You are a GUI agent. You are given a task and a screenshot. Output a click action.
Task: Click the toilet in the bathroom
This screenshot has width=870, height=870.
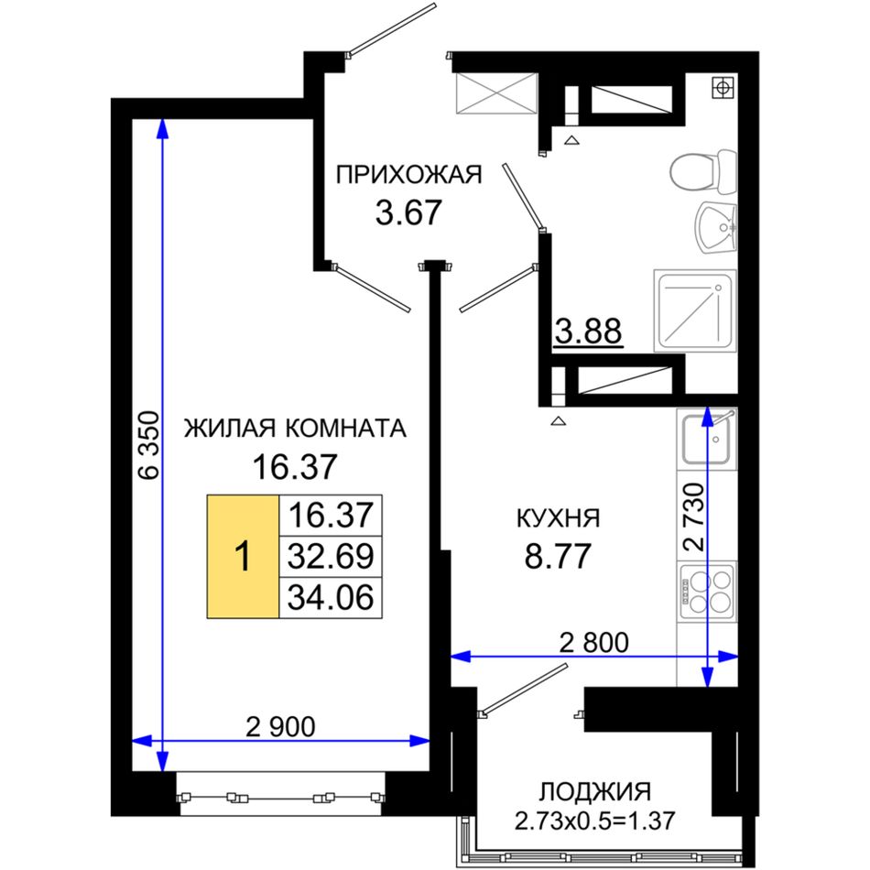tap(703, 171)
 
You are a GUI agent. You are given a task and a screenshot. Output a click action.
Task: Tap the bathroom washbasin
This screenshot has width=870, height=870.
tap(716, 227)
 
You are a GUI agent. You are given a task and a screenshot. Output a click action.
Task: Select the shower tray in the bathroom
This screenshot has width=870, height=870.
tap(695, 310)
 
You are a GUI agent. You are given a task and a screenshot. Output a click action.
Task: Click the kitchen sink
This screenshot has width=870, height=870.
tap(706, 440)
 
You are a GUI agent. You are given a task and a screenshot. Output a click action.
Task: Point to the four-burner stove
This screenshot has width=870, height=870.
tap(706, 591)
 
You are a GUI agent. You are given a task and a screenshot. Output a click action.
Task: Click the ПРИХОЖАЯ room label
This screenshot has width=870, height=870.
tap(409, 175)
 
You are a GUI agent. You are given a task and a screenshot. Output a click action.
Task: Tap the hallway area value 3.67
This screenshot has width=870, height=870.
tap(408, 212)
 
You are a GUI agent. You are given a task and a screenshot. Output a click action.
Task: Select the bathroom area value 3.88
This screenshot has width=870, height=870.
tap(589, 332)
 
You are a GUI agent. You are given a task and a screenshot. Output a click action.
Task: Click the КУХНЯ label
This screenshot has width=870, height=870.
tap(559, 518)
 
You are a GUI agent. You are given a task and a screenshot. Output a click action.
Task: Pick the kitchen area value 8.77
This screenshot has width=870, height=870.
tap(558, 556)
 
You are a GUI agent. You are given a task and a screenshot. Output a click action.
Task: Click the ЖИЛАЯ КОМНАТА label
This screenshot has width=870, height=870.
tap(295, 429)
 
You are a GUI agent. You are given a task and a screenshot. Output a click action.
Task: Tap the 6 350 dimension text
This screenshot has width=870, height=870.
tap(149, 444)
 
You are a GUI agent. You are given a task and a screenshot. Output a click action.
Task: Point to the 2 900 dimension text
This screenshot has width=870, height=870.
tap(281, 726)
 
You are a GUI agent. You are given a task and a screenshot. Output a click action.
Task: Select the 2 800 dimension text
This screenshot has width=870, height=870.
tap(594, 643)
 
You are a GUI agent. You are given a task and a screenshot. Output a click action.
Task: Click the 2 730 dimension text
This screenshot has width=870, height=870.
tap(694, 517)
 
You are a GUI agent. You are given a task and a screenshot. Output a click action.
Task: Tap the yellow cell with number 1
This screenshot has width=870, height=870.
tap(243, 557)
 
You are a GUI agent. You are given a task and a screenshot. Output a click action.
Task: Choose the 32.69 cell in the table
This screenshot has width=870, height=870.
tap(331, 557)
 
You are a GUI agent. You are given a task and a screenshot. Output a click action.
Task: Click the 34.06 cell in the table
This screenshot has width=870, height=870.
tap(331, 598)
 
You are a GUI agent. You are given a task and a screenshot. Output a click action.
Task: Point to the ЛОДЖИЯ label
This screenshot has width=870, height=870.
tap(595, 792)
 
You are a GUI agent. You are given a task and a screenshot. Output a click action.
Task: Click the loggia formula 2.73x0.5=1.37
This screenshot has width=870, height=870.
tap(594, 820)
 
